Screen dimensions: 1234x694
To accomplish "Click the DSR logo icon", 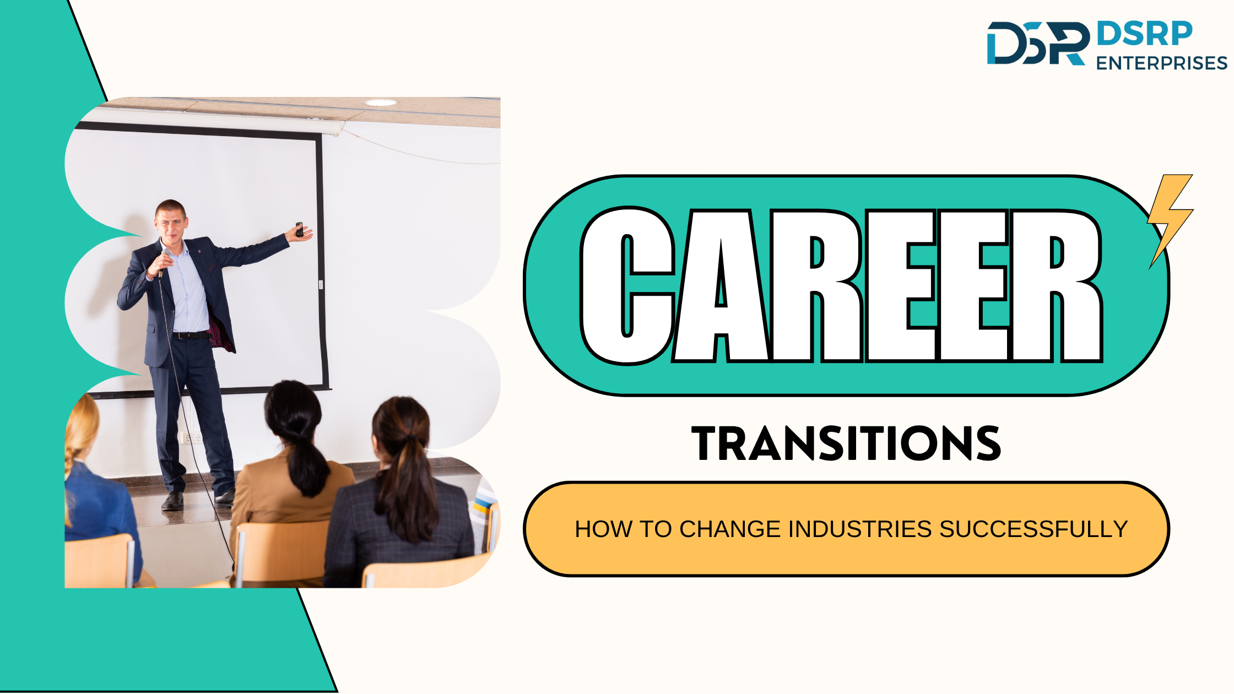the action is [x=1038, y=43].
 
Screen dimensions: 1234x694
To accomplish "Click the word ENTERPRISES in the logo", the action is [x=1162, y=63].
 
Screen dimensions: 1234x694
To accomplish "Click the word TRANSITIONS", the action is [x=846, y=443].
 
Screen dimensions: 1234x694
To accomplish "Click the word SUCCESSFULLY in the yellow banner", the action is [x=1034, y=529].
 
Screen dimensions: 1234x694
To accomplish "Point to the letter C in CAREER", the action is [x=627, y=286].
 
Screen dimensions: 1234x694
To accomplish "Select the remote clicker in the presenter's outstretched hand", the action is [x=299, y=230].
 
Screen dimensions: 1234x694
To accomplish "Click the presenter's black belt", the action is [x=191, y=335].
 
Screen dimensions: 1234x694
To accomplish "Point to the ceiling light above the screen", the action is [x=381, y=102].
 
